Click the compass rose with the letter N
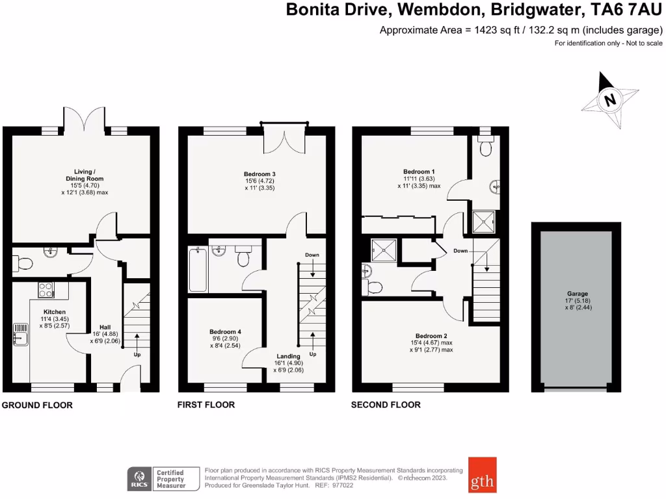click(x=609, y=100)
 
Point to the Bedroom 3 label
click(x=260, y=174)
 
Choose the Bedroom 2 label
click(x=431, y=336)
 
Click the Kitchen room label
click(x=54, y=312)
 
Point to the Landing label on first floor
click(x=288, y=356)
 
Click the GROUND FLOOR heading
click(x=37, y=405)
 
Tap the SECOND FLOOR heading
click(x=386, y=405)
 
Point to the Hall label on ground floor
click(x=105, y=327)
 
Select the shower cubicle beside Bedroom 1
click(x=483, y=221)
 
